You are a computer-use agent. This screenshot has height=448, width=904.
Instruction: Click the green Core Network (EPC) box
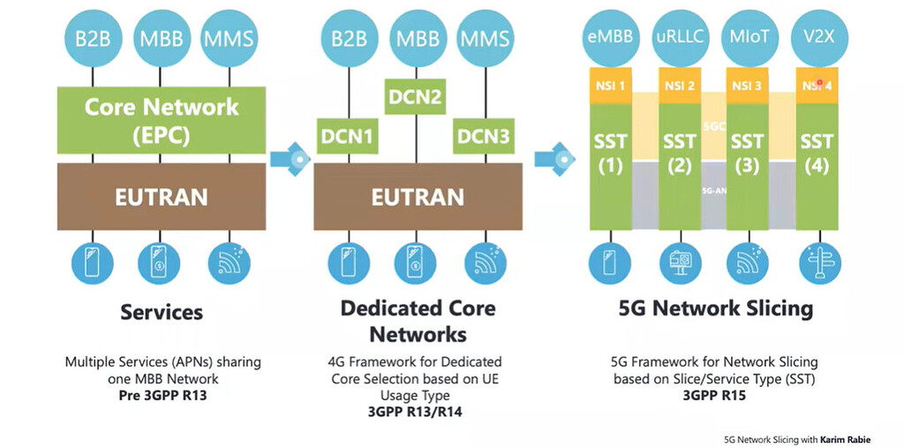(x=162, y=120)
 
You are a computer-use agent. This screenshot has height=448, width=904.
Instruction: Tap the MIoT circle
(x=748, y=38)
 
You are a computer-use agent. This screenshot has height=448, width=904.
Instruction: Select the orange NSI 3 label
(x=748, y=86)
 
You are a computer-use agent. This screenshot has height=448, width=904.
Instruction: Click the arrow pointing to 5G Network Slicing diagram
(x=554, y=159)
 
